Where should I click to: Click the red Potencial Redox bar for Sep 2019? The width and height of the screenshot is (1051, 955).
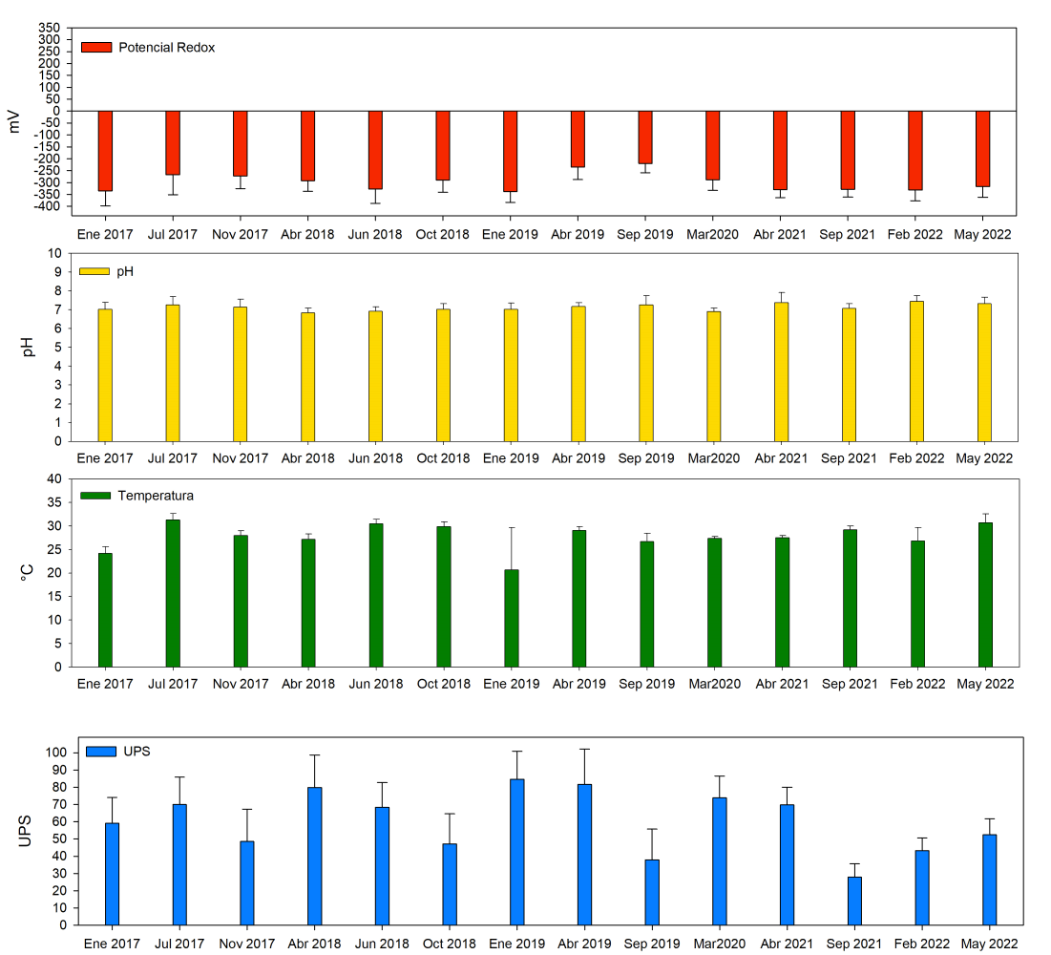tap(645, 138)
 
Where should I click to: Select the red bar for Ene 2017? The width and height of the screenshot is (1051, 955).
tap(105, 151)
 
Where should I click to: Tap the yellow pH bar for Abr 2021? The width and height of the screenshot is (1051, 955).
tap(781, 371)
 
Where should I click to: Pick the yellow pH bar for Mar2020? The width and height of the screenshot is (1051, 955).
tap(713, 376)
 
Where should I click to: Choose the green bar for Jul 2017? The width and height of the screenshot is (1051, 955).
tap(173, 593)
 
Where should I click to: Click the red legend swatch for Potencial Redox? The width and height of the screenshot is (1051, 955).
tap(96, 47)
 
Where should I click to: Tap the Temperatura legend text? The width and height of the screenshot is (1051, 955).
tap(156, 496)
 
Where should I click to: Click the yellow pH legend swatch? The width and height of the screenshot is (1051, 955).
tap(95, 271)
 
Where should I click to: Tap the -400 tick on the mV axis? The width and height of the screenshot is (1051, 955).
tap(49, 206)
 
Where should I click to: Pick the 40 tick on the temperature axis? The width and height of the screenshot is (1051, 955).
tap(53, 478)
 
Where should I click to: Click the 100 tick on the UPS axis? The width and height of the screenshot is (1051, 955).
tap(56, 753)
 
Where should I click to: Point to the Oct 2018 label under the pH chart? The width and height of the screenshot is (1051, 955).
tap(443, 458)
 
